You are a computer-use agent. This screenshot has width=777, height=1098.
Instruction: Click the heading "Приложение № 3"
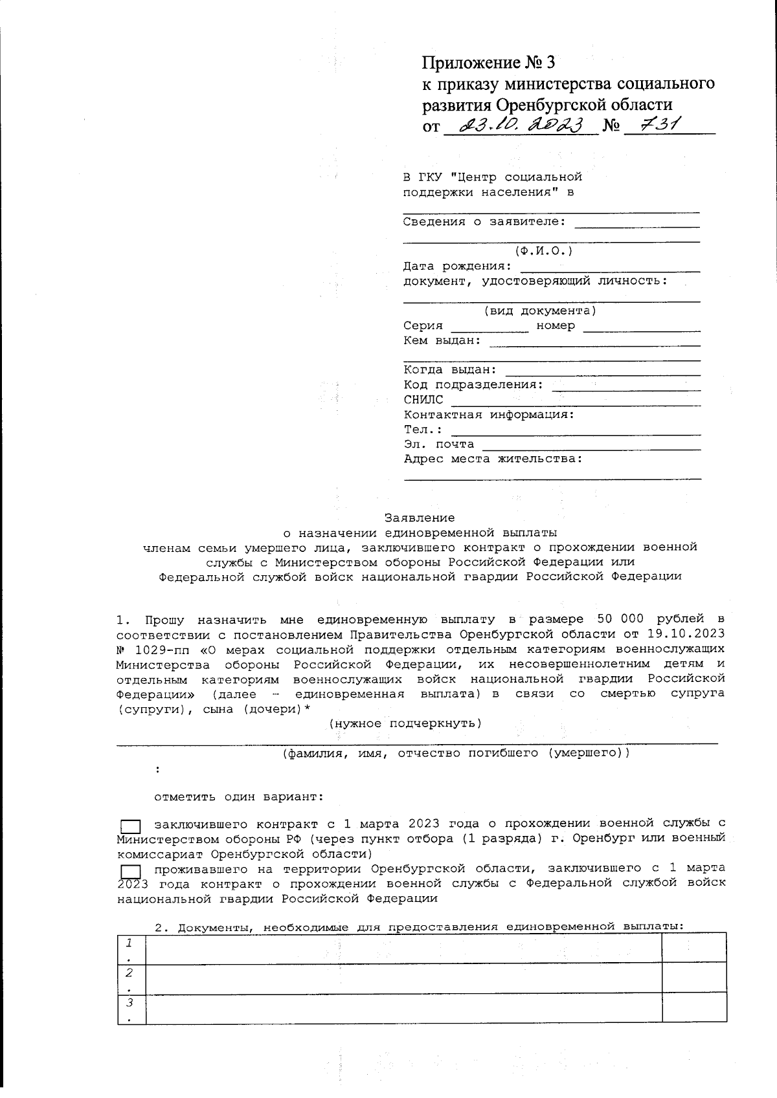(x=488, y=63)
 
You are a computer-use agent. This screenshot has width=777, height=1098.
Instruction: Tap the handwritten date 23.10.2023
(x=521, y=124)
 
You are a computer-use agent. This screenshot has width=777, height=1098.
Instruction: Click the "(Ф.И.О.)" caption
(x=544, y=251)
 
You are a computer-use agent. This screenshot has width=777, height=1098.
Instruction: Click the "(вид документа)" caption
(x=540, y=311)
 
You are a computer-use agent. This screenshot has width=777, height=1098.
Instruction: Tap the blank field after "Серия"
(x=490, y=327)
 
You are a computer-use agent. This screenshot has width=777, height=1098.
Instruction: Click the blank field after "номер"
(x=641, y=327)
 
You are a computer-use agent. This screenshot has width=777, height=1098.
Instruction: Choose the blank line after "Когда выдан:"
(x=602, y=371)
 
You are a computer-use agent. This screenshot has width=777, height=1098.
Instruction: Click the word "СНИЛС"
(x=423, y=400)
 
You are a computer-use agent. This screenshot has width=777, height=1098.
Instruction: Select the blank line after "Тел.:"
(x=576, y=430)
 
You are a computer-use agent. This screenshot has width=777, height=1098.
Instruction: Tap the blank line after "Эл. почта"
(x=592, y=445)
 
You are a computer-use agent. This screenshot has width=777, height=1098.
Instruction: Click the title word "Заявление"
(x=420, y=518)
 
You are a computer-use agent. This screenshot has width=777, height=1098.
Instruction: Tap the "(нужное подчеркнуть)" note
(x=405, y=723)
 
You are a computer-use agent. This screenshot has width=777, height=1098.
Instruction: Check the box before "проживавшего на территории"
(x=131, y=871)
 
